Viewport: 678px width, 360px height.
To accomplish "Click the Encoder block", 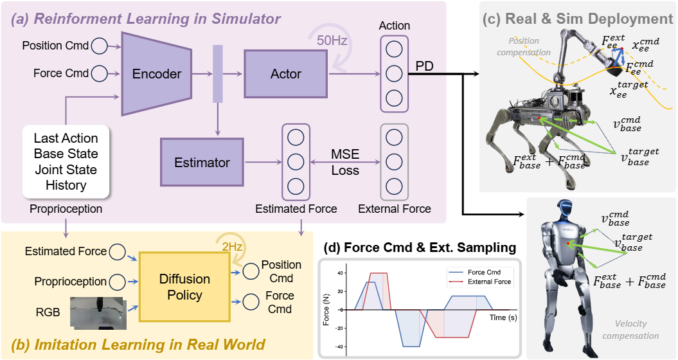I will [157, 74].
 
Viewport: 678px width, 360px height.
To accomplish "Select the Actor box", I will [286, 73].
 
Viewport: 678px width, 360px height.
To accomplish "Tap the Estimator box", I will [202, 163].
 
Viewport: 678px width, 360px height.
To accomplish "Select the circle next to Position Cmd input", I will [100, 46].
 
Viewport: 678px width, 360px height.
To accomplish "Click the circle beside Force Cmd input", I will [100, 73].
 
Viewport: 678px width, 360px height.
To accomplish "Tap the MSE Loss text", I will [345, 163].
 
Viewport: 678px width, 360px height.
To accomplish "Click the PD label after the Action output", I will [424, 67].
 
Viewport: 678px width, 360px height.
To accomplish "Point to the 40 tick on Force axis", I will [340, 273].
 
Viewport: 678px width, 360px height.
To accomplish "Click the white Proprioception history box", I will [66, 162].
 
